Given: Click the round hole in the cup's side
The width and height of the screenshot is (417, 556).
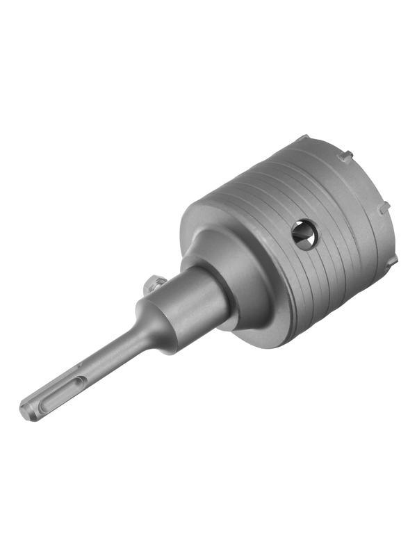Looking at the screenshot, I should [304, 234].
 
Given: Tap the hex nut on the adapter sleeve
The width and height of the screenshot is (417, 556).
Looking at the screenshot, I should [156, 284].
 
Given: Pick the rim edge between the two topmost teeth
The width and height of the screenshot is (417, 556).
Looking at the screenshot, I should [325, 146].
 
